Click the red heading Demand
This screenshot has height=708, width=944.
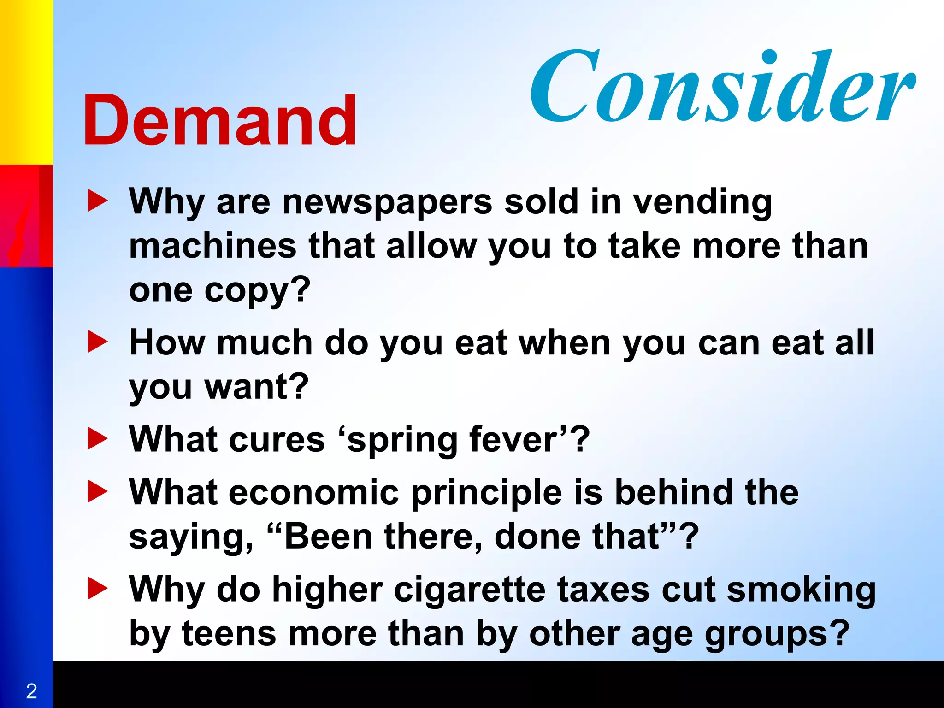[220, 121]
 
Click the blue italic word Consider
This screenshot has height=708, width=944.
[721, 88]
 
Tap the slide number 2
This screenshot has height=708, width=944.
[31, 691]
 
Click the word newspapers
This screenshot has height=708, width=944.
[387, 203]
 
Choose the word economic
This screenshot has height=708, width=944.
[313, 492]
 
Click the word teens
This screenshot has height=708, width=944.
[229, 634]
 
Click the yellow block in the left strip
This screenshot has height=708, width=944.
[26, 82]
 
